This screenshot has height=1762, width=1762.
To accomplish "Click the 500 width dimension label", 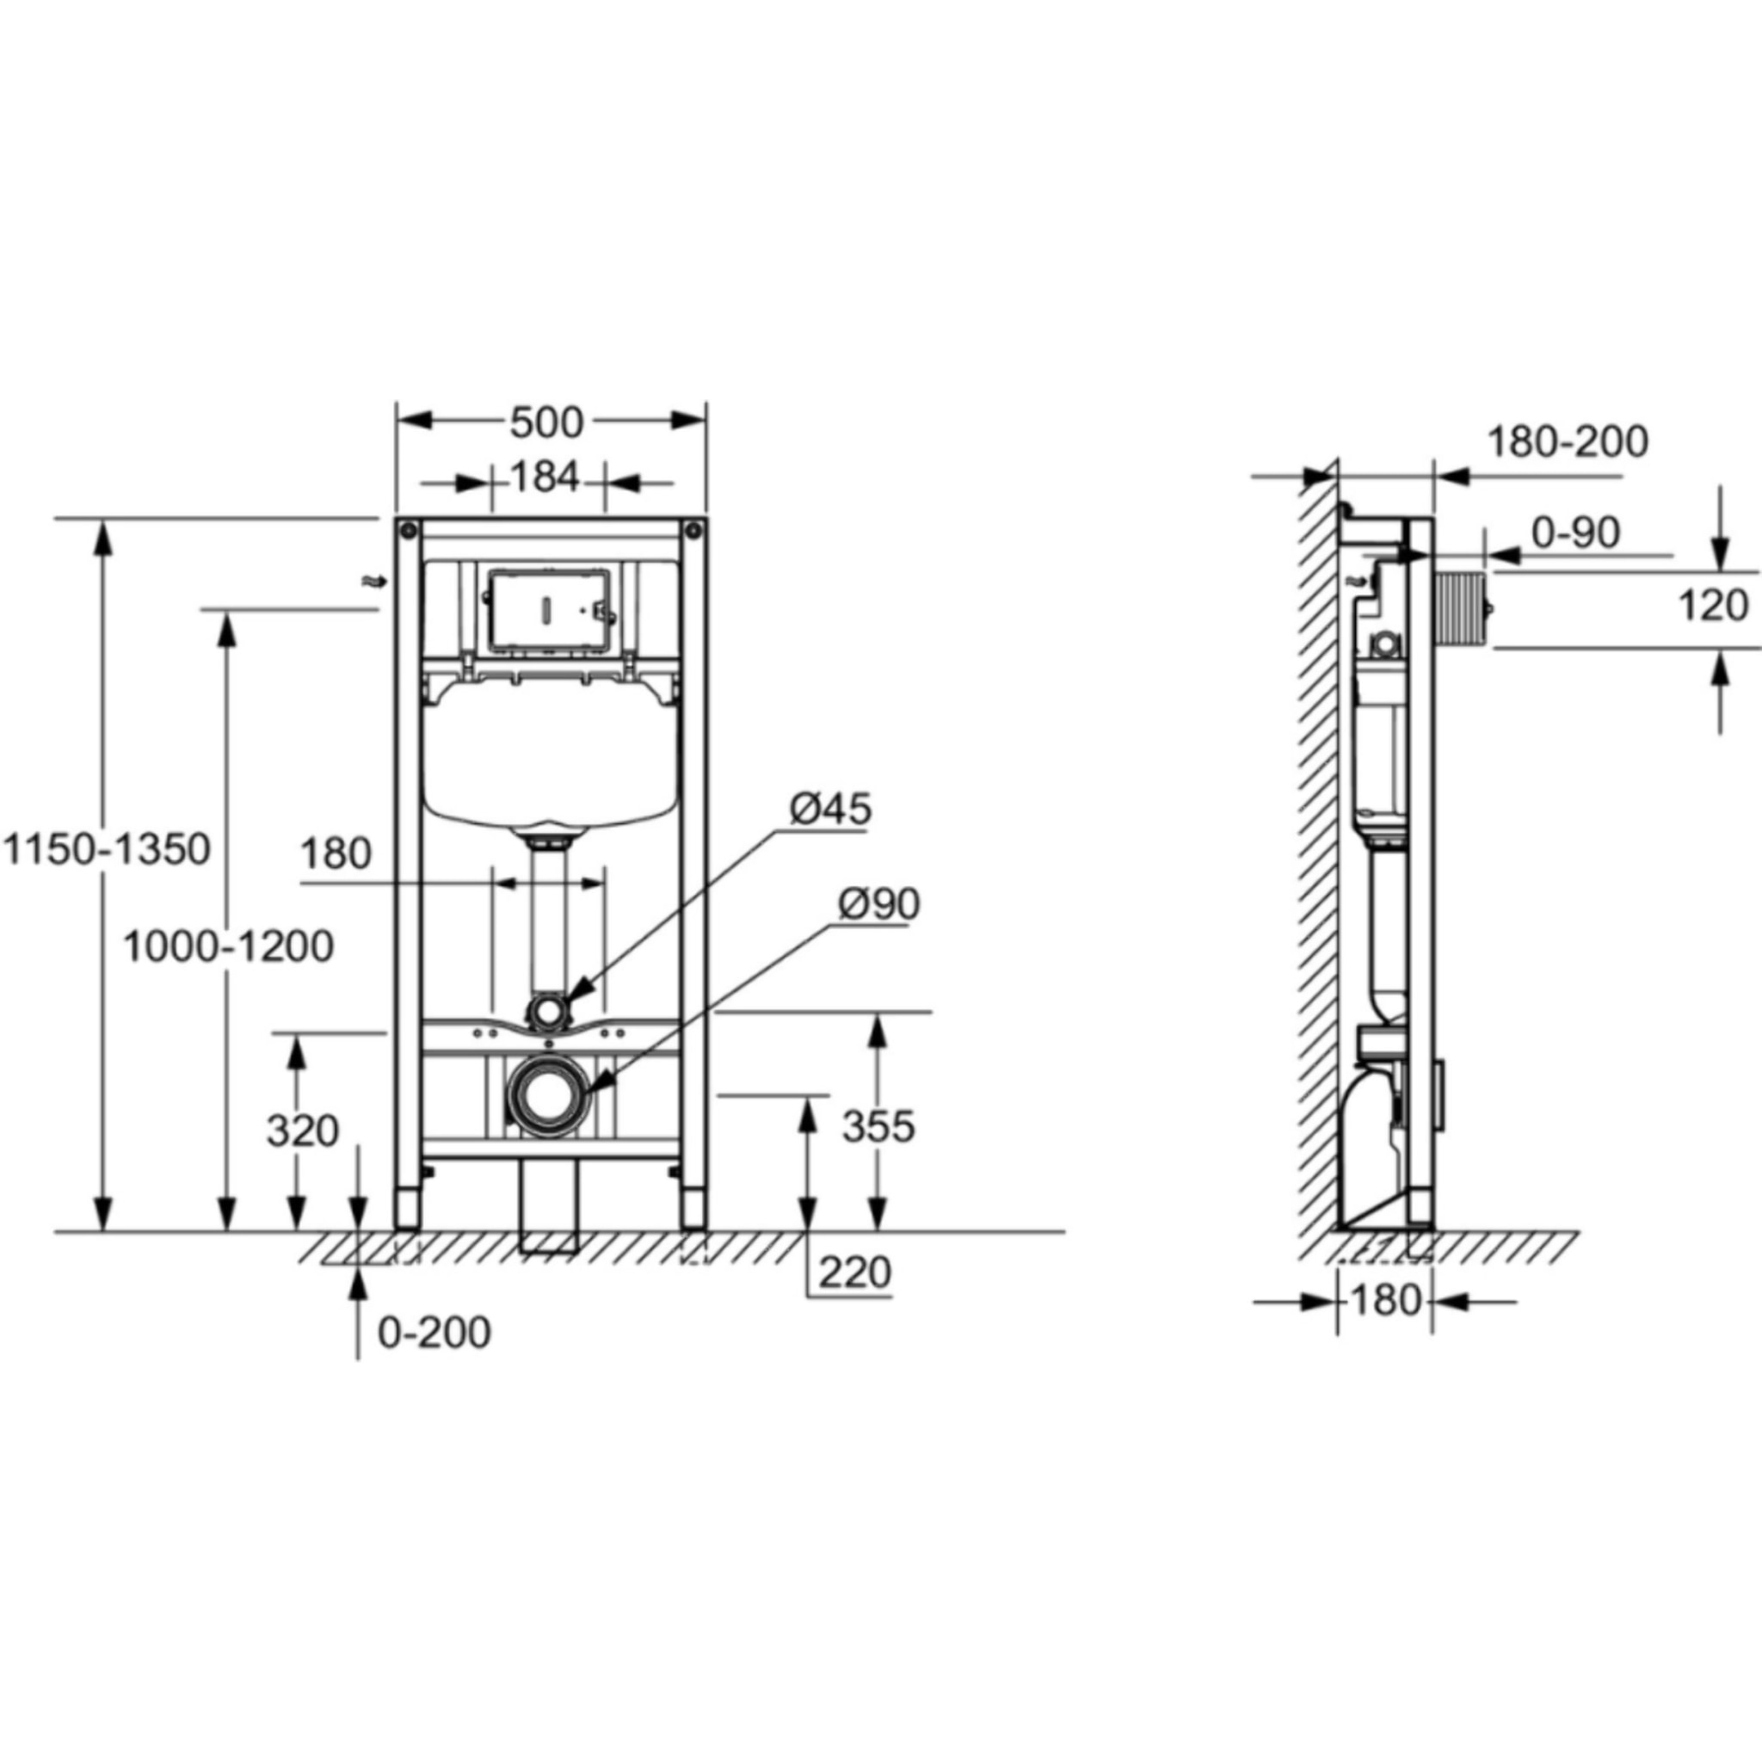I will click(x=545, y=422).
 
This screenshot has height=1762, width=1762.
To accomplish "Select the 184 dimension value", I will click(x=545, y=476).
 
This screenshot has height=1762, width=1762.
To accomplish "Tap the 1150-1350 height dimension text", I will click(x=108, y=849).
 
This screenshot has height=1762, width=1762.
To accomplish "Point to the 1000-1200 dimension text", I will click(x=228, y=946).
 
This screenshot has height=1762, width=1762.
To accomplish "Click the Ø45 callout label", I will click(x=830, y=808).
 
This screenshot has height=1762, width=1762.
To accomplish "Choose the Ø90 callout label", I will click(x=879, y=904).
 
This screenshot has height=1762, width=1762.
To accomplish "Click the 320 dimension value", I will click(x=303, y=1132).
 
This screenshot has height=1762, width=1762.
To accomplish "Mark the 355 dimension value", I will click(x=878, y=1127).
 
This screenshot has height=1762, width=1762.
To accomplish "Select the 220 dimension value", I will click(x=853, y=1272).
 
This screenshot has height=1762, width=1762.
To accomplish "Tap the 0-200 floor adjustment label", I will click(x=434, y=1333).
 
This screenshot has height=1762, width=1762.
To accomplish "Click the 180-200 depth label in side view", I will click(x=1568, y=442).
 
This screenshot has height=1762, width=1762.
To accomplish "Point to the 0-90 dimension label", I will click(x=1575, y=533).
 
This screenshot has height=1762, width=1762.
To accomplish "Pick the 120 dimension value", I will click(x=1713, y=606).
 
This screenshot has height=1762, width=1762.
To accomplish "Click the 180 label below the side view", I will click(x=1384, y=1302).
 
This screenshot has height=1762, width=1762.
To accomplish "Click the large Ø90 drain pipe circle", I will click(x=547, y=1097).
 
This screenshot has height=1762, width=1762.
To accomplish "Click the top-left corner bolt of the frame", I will click(x=407, y=528).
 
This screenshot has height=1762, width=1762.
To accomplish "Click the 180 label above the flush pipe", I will click(x=336, y=854).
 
